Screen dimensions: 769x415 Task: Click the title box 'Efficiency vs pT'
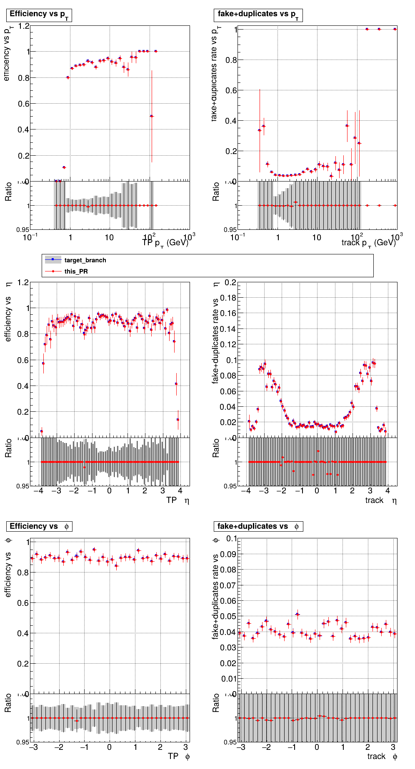tap(39, 15)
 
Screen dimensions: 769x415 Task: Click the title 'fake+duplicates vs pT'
tap(258, 15)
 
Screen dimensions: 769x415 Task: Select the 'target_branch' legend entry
tap(85, 260)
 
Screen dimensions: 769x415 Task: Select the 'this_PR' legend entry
tap(76, 271)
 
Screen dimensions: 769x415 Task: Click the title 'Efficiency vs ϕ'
tap(39, 527)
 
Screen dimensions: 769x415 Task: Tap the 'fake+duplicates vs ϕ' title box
tap(258, 527)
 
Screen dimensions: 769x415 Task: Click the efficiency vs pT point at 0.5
tap(152, 116)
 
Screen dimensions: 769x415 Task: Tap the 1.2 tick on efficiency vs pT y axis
tap(24, 26)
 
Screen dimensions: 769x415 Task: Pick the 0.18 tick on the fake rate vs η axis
tap(230, 298)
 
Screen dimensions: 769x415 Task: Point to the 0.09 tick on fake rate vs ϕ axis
tap(230, 555)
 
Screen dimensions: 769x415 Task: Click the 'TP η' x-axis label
tap(177, 500)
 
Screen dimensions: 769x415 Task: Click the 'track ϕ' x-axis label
tap(382, 757)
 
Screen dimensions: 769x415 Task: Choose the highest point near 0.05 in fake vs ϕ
tap(297, 614)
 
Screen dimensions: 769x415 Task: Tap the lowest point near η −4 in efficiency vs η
tap(41, 431)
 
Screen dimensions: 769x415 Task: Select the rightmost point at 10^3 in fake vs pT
tap(395, 29)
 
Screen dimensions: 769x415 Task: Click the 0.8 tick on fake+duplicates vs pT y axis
tap(231, 60)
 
